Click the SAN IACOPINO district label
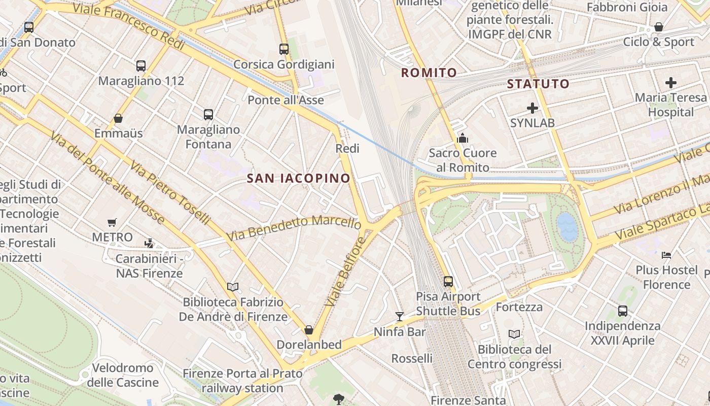point(299,178)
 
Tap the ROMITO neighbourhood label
point(429,73)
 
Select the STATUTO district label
point(538,84)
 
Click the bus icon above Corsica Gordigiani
point(284,49)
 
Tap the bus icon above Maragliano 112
point(141,66)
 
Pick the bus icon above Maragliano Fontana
point(208,115)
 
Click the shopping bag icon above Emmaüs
point(118,119)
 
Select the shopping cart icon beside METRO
point(112,222)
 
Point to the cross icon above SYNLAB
point(532,108)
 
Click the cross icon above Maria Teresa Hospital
point(671,82)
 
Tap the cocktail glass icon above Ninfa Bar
point(400,317)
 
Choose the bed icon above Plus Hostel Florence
point(666,255)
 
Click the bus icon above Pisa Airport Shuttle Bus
point(448,281)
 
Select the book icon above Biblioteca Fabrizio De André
point(233,287)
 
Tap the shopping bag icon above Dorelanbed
point(309,330)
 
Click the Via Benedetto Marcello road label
point(294,228)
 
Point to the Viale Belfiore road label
point(346,271)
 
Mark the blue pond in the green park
point(567,226)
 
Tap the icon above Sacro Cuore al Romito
point(462,138)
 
